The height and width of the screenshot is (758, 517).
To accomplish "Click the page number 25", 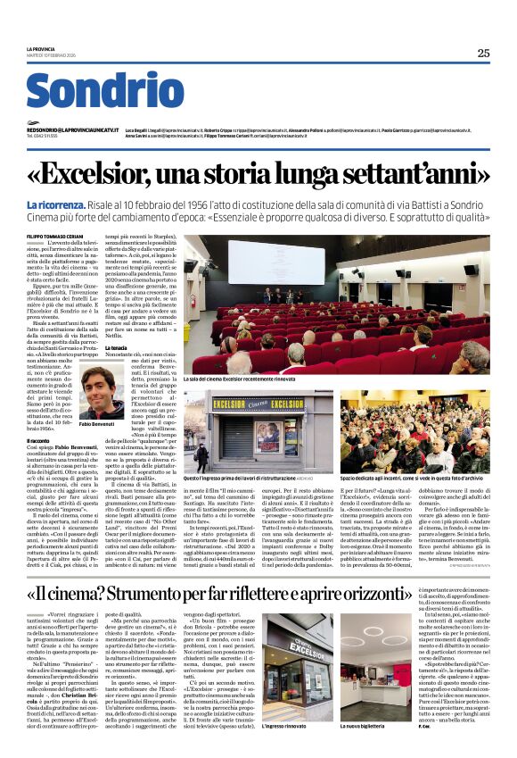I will point(483,53).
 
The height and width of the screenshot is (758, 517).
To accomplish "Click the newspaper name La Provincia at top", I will point(41,48).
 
